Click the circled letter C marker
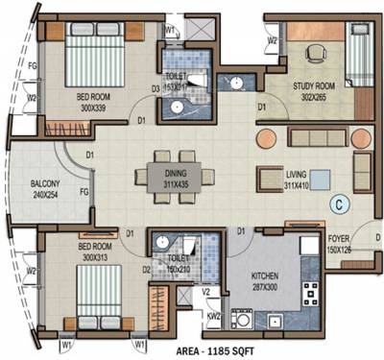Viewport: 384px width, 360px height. coord(338,203)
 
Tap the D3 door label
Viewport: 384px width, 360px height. coord(154,91)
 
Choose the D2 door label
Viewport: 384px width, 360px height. coord(147,270)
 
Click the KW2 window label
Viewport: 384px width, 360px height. coord(213,315)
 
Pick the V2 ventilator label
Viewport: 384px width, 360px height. coord(205,295)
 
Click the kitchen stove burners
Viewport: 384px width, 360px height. coord(311,293)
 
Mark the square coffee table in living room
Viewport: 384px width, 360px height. coord(319,180)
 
